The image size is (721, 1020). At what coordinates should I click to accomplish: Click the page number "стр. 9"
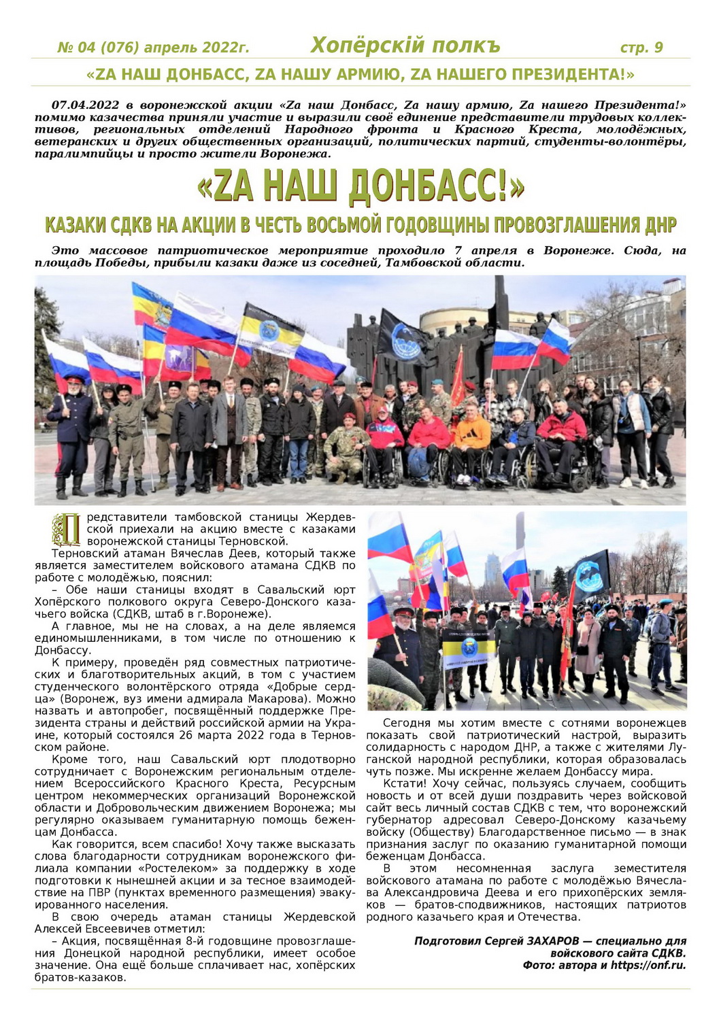641,48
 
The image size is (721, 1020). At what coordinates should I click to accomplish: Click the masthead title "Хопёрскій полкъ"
405,46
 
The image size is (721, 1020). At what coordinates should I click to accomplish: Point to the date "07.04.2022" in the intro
86,105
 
